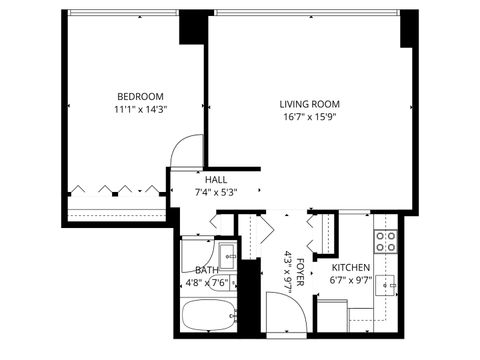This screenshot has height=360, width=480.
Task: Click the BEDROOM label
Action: point(139,97)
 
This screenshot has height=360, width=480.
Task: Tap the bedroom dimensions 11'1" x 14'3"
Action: point(139,111)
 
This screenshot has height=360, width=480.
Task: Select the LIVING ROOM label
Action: point(311,103)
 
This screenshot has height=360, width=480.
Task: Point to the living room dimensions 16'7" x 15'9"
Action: point(311,117)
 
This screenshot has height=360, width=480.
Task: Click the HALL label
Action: point(215,179)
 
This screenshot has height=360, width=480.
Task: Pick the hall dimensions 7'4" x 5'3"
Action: point(215,193)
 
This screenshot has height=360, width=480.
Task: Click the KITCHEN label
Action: point(351,268)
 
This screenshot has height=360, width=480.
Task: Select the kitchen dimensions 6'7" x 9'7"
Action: point(351,281)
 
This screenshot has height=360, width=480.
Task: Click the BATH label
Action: point(207,270)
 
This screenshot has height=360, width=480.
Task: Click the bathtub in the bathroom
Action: point(208,317)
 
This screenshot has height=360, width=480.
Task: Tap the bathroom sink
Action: point(227,254)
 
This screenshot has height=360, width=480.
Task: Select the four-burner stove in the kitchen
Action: point(386,241)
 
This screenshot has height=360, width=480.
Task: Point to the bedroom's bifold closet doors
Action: point(115,189)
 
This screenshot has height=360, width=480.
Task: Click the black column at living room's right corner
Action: point(408,30)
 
